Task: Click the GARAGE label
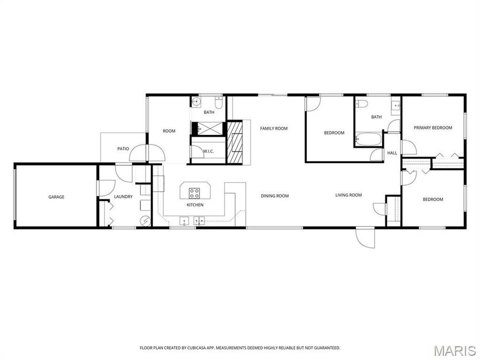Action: [x=57, y=197]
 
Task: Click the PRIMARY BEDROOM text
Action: [x=433, y=128]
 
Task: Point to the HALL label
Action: [x=392, y=153]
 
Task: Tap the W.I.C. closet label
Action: [x=208, y=151]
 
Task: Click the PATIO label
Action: [x=123, y=149]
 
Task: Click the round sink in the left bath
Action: [x=195, y=101]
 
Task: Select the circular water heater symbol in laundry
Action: [x=145, y=221]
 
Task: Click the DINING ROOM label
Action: [x=275, y=196]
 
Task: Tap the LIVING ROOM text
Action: [x=348, y=195]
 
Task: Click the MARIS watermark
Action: [x=454, y=350]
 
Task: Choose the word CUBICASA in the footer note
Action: [x=194, y=348]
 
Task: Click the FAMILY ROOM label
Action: [x=274, y=129]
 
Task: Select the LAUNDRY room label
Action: [x=123, y=197]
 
